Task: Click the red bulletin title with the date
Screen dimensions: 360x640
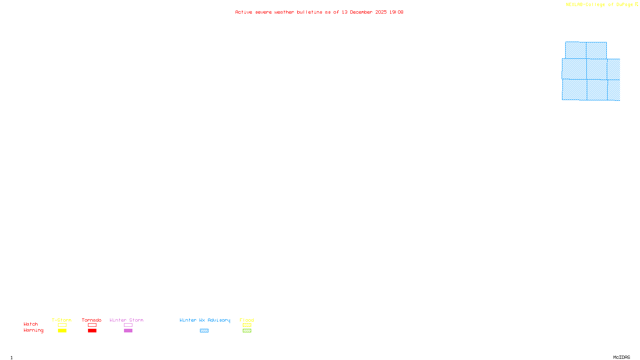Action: [319, 12]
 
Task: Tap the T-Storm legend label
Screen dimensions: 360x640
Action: [62, 320]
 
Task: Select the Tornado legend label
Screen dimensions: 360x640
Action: [92, 320]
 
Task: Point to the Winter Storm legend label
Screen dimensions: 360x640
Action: [126, 320]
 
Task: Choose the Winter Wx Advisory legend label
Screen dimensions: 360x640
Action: [205, 320]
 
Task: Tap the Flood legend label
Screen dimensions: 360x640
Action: [247, 320]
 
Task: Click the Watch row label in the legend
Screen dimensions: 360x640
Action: [31, 324]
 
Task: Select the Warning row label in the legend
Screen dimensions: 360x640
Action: [33, 330]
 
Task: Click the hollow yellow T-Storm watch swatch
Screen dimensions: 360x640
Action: [62, 325]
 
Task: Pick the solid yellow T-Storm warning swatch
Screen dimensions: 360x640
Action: [62, 331]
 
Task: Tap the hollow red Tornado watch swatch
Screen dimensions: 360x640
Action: [92, 325]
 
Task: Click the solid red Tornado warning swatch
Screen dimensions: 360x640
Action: [92, 331]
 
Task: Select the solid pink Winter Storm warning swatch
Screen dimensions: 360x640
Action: [128, 331]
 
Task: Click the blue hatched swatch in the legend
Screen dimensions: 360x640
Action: [204, 331]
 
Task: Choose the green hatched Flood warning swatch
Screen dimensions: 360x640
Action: [247, 331]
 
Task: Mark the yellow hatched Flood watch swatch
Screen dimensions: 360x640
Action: [247, 325]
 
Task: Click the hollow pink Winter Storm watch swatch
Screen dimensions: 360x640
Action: [128, 325]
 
